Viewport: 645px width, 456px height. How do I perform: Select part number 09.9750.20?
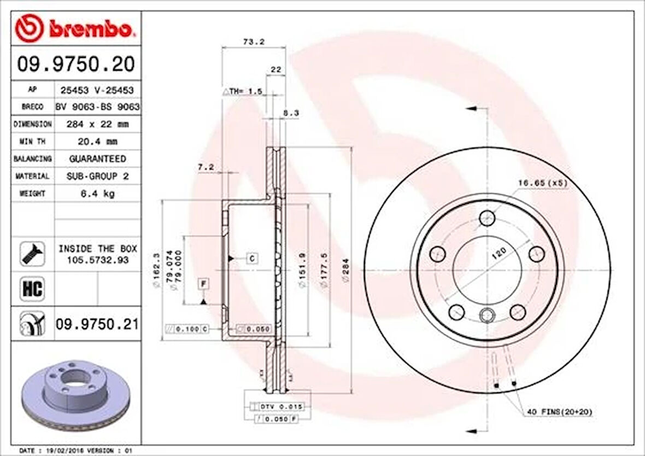point(76,65)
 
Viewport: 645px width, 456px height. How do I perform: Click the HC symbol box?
point(33,289)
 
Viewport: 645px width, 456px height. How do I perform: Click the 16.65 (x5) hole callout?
point(542,183)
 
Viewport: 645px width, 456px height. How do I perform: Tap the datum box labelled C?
point(252,258)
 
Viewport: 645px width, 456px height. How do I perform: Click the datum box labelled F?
point(203,283)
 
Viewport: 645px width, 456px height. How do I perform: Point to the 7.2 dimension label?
point(206,167)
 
